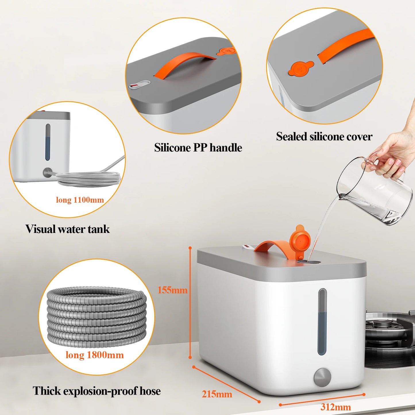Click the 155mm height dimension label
172,290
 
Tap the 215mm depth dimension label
217,394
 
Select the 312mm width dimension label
335,407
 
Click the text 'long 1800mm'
94,355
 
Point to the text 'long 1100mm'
80,200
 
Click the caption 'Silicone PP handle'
198,148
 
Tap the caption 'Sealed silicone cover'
324,136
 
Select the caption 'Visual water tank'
67,229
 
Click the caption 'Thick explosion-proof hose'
96,391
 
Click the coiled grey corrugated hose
96,316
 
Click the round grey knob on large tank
322,377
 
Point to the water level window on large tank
322,322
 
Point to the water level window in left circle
48,142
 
